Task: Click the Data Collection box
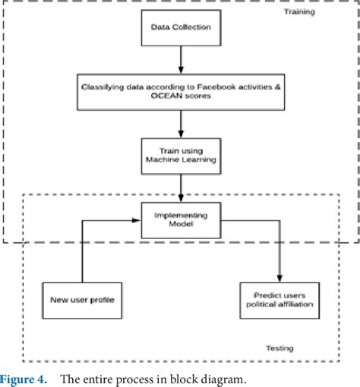point(181,28)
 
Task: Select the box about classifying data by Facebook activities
point(181,92)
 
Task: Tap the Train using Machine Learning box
point(181,156)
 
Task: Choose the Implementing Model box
point(181,220)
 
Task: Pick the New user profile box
point(82,300)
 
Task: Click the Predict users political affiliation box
point(279,300)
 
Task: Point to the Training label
point(299,12)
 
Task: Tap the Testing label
point(279,348)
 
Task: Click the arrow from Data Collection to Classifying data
point(181,60)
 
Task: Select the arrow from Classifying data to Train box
point(181,124)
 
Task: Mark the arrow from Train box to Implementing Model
point(181,188)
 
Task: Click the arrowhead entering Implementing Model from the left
point(136,220)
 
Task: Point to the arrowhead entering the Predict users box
point(279,278)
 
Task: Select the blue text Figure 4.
point(24,379)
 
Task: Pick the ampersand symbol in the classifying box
point(278,87)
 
